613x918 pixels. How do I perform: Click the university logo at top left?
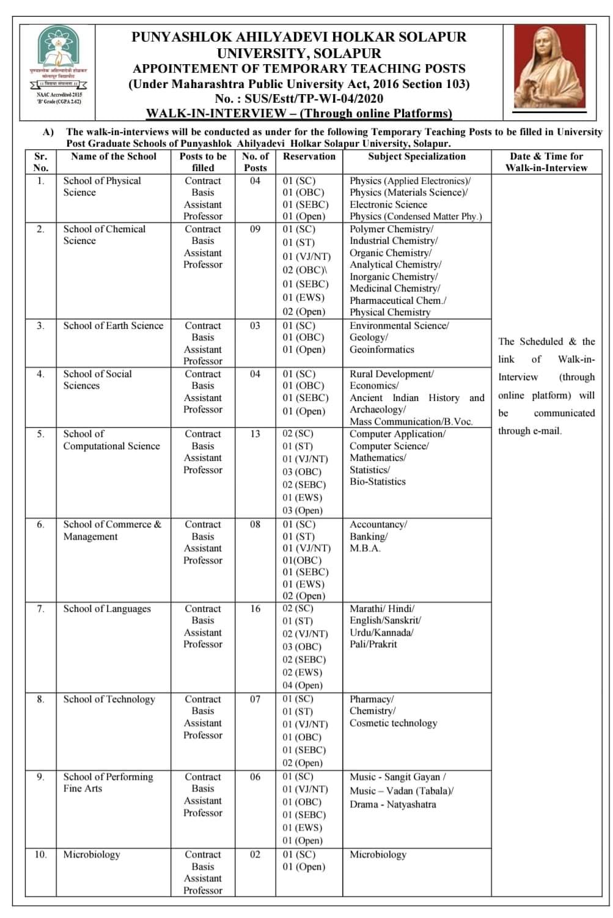[59, 66]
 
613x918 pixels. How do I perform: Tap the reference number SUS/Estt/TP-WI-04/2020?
[299, 98]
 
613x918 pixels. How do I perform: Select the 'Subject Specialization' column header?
[416, 156]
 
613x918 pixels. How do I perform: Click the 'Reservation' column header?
[309, 156]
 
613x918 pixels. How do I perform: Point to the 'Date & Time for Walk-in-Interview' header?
[546, 162]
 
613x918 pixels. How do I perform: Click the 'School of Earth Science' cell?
[113, 326]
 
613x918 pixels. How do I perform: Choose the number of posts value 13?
[255, 434]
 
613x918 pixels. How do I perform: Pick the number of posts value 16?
[255, 609]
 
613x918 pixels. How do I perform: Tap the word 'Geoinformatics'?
[381, 350]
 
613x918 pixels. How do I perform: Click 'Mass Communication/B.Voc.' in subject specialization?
[411, 422]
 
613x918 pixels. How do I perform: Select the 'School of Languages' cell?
[107, 609]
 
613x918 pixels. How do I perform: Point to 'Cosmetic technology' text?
[393, 723]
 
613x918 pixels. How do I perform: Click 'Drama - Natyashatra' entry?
[392, 804]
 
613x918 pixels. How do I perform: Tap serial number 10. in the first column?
[40, 854]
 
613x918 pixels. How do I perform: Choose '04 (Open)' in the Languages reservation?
[302, 685]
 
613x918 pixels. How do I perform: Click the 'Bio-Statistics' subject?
[377, 482]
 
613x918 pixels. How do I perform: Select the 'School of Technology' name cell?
[109, 699]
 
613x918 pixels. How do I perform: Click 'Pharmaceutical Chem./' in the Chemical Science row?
[397, 300]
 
